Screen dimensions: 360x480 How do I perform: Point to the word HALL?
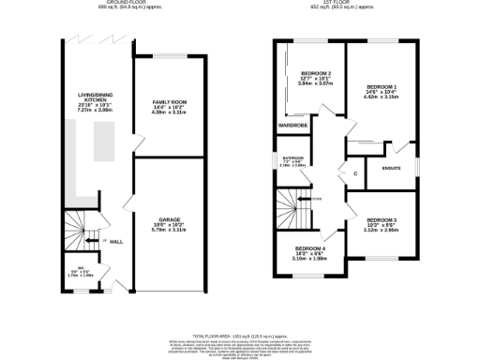tap(117, 242)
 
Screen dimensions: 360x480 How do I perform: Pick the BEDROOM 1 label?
tap(382, 86)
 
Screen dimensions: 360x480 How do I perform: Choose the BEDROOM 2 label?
tap(317, 73)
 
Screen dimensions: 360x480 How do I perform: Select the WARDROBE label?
tap(293, 125)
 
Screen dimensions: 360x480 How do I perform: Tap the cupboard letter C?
tap(356, 173)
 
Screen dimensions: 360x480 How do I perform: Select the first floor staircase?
tap(293, 205)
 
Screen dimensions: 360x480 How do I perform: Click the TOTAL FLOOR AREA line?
tap(240, 335)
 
